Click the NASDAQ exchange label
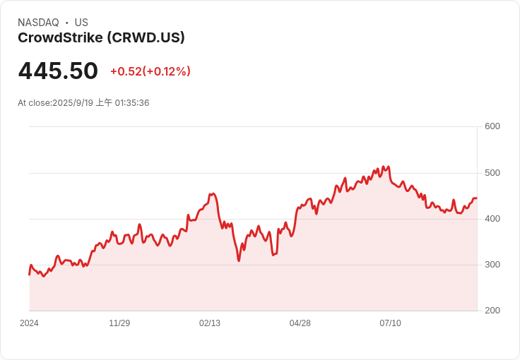(38, 23)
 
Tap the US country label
(81, 23)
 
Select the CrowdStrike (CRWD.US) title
(101, 37)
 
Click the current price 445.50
(58, 71)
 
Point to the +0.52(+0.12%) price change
(150, 71)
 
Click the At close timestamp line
(83, 102)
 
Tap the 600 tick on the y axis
(492, 126)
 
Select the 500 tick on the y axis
(492, 173)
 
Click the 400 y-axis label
(492, 219)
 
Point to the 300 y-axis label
(492, 265)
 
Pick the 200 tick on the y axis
(492, 311)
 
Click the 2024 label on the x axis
(29, 323)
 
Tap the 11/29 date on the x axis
(119, 323)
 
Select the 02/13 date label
(210, 323)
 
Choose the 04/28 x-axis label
(300, 323)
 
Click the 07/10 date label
(390, 323)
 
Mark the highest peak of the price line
(384, 167)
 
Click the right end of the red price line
(477, 198)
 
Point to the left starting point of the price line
(29, 275)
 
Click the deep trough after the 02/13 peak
(239, 260)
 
